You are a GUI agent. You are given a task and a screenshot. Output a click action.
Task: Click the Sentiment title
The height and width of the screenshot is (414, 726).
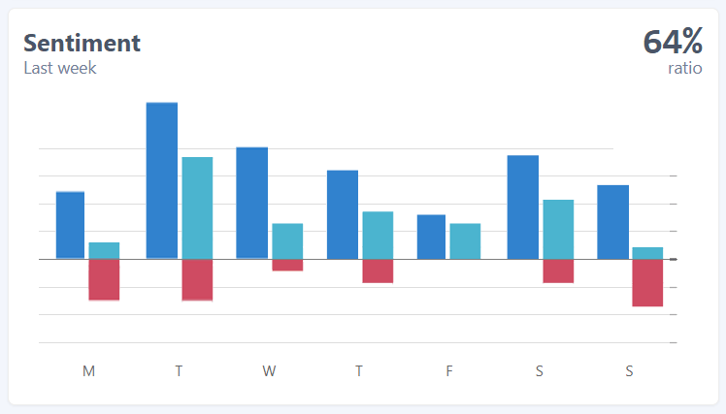coord(82,43)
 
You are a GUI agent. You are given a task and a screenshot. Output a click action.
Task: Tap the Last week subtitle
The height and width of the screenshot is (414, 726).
coord(60,68)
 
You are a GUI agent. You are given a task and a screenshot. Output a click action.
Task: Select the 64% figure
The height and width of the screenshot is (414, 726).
coord(672,42)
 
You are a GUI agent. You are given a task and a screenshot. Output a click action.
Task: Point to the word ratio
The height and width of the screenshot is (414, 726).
coord(684,68)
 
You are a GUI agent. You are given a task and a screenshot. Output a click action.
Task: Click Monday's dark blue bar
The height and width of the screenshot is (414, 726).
coord(70,225)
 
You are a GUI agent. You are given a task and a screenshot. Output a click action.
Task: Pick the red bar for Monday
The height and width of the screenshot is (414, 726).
coord(104,279)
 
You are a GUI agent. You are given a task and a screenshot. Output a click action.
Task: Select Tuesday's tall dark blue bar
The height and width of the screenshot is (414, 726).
coord(162,180)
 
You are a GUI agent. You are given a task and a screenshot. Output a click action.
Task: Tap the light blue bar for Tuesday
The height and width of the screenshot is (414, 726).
coord(197,207)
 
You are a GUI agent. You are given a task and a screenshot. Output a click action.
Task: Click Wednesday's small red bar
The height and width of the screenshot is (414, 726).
coord(287,265)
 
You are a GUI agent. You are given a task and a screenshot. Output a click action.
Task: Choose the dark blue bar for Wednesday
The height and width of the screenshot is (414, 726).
coord(252,203)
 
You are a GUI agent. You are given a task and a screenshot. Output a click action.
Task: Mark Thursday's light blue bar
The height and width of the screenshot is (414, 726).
coord(378,235)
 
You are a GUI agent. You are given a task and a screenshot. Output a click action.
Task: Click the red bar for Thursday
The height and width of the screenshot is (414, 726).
coord(378,271)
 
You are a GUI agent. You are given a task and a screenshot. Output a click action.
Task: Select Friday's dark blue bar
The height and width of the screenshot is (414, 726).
coord(431,237)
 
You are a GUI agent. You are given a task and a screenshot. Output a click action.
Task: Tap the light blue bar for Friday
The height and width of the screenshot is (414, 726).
coord(465,241)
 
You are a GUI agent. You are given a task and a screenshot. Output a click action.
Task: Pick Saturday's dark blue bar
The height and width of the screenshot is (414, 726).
coord(522,207)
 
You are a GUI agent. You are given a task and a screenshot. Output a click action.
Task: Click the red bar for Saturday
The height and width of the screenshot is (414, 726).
coord(558,271)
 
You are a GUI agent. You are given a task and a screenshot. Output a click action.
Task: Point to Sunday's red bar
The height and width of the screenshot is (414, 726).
coord(647,282)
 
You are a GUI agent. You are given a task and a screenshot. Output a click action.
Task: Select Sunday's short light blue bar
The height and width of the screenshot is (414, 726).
coord(647,253)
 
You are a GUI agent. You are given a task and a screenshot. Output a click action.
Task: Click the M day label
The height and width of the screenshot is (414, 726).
coord(89,370)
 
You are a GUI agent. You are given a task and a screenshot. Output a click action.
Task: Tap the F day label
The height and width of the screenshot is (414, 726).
coord(449,370)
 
